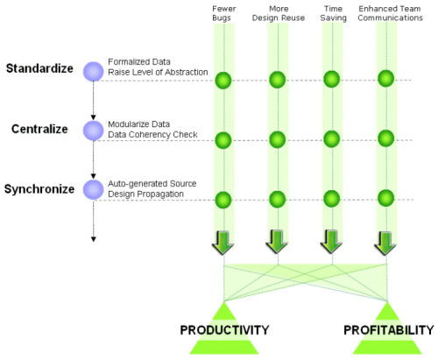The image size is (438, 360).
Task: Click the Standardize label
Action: [x=39, y=68]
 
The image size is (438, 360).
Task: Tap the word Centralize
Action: [x=39, y=129]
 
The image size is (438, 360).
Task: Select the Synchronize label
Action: [x=39, y=189]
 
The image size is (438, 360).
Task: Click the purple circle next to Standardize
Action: [x=94, y=71]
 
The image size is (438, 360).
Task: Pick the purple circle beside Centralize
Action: [x=94, y=131]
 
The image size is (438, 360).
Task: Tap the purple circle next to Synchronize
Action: [x=94, y=190]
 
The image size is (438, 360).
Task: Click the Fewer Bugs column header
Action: [x=223, y=13]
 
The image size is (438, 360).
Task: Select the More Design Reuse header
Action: [x=279, y=13]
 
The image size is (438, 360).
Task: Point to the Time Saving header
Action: [x=333, y=13]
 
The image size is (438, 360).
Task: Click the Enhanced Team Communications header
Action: [x=390, y=13]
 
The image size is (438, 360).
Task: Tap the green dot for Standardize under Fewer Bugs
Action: [x=223, y=81]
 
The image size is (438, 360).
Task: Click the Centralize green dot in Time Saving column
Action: [x=332, y=138]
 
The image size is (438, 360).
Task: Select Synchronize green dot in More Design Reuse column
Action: [x=278, y=200]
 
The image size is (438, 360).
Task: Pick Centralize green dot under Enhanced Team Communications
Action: [x=386, y=138]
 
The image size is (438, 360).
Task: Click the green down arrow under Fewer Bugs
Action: [x=223, y=243]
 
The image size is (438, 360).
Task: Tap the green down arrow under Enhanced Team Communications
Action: [x=385, y=244]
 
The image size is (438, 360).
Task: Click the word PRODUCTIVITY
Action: [x=224, y=330]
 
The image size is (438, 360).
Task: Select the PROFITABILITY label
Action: [x=389, y=330]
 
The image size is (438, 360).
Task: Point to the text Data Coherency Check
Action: [x=152, y=135]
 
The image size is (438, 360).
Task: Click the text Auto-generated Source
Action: [x=152, y=184]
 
